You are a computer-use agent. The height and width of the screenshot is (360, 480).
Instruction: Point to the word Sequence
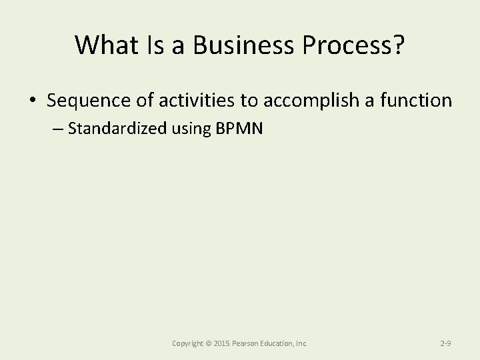[x=87, y=101]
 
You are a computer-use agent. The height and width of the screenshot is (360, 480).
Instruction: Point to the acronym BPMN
[x=240, y=129]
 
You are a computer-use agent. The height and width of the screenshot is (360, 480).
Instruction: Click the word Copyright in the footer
[x=187, y=343]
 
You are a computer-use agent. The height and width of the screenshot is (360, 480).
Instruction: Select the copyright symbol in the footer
[x=209, y=343]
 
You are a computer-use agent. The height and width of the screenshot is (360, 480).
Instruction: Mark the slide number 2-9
[x=446, y=343]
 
